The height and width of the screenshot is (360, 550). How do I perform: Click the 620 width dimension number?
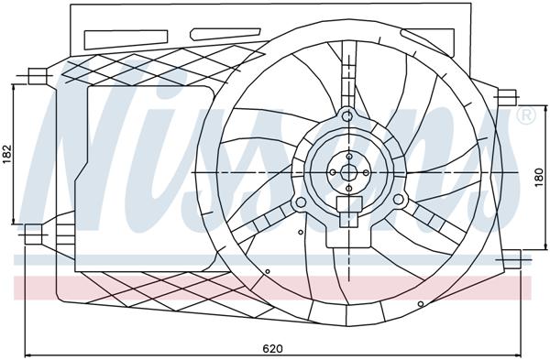272,348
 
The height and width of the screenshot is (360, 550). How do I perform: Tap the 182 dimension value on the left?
7,156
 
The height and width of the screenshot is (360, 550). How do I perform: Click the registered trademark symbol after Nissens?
526,116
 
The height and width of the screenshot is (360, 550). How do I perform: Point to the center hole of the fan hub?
348,171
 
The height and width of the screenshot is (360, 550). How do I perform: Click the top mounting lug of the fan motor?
346,116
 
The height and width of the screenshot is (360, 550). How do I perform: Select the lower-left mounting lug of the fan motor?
298,201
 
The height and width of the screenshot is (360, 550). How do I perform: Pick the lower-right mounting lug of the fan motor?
398,199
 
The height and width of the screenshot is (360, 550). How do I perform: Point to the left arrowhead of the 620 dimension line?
27,355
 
